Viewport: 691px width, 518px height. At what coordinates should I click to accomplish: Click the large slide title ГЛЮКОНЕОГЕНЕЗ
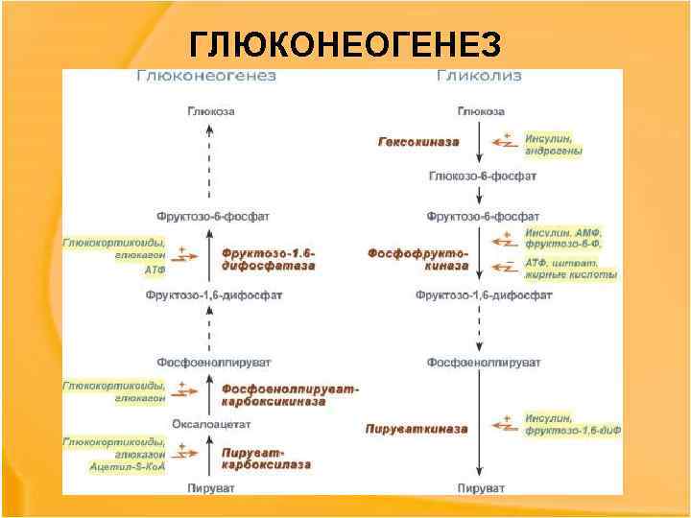coord(345,44)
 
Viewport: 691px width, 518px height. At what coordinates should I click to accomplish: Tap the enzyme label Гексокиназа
coord(417,142)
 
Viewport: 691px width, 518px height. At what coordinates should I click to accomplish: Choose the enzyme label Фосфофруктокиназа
coord(418,259)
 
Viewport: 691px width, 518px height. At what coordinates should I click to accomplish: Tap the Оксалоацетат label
coord(211,423)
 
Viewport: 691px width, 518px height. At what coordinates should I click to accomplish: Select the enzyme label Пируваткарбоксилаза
coord(266,458)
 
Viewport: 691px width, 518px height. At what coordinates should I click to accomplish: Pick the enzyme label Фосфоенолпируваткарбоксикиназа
coord(288,395)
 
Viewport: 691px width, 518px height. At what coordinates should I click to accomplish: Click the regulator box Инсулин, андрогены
coord(554,144)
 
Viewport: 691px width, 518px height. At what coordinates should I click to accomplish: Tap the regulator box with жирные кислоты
coord(570,269)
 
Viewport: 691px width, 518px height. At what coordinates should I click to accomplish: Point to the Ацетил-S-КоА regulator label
coord(128,467)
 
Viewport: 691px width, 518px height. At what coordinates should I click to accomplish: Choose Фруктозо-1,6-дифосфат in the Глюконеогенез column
coord(214,295)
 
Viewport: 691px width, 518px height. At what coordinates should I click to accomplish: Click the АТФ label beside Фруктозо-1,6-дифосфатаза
coord(155,271)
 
